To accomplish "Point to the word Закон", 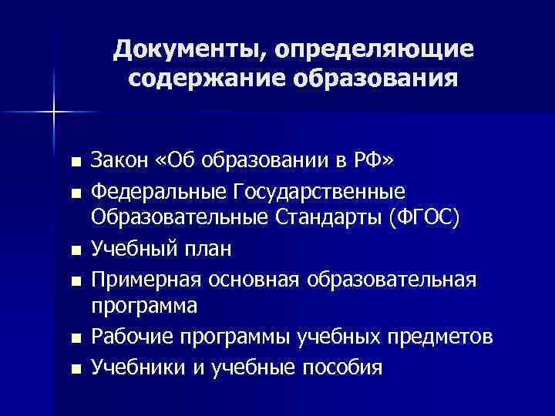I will tap(118, 160).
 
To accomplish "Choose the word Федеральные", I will tap(156, 190).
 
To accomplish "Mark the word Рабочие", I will tap(128, 338).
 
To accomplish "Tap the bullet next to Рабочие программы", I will tap(73, 340).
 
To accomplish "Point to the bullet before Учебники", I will tap(73, 369).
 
